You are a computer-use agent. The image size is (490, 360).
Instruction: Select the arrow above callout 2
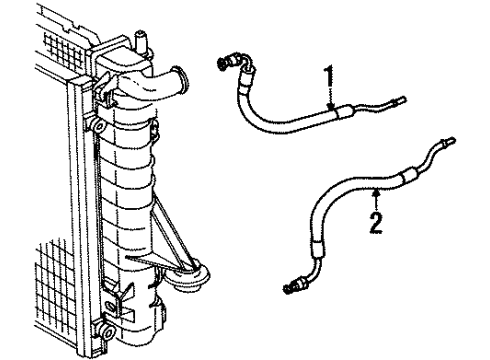374,192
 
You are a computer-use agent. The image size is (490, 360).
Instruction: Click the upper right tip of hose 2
454,142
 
